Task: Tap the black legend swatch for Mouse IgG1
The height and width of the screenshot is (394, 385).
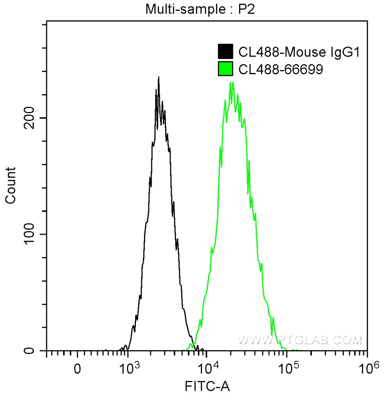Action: point(226,52)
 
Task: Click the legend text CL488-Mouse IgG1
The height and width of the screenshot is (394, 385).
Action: point(299,52)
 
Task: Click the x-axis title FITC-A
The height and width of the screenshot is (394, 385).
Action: point(208,386)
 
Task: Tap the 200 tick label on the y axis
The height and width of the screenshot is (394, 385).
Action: point(30,118)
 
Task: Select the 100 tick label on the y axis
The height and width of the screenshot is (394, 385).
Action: point(30,234)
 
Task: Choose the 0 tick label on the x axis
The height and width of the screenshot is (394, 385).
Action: point(78,369)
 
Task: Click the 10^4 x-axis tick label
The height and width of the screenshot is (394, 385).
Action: point(208,368)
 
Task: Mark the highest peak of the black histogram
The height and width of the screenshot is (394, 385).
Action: point(158,77)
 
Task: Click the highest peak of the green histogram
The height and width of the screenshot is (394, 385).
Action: point(231,82)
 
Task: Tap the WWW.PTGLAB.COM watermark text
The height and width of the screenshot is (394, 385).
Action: point(300,340)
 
